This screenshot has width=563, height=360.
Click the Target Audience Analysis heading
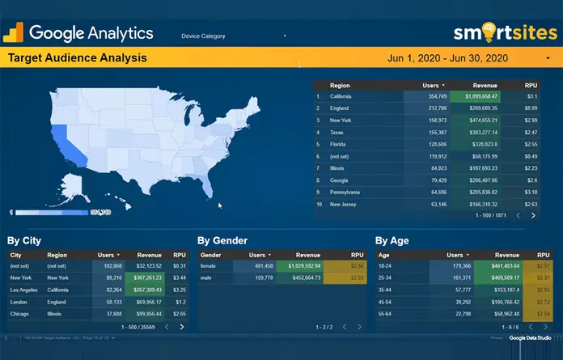77,58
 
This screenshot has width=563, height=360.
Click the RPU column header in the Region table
531,85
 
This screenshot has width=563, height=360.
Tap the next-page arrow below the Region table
533,216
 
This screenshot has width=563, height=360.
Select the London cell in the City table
19,301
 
